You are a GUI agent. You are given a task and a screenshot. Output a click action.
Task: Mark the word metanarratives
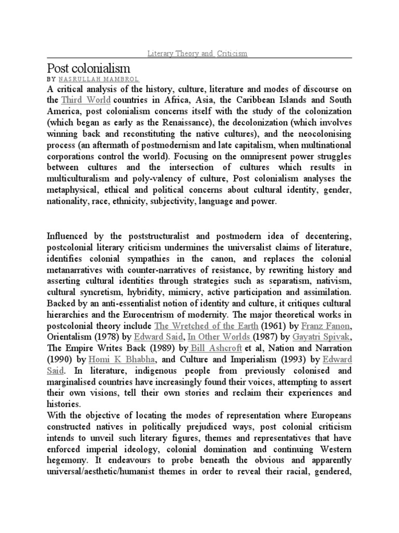(80, 270)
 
